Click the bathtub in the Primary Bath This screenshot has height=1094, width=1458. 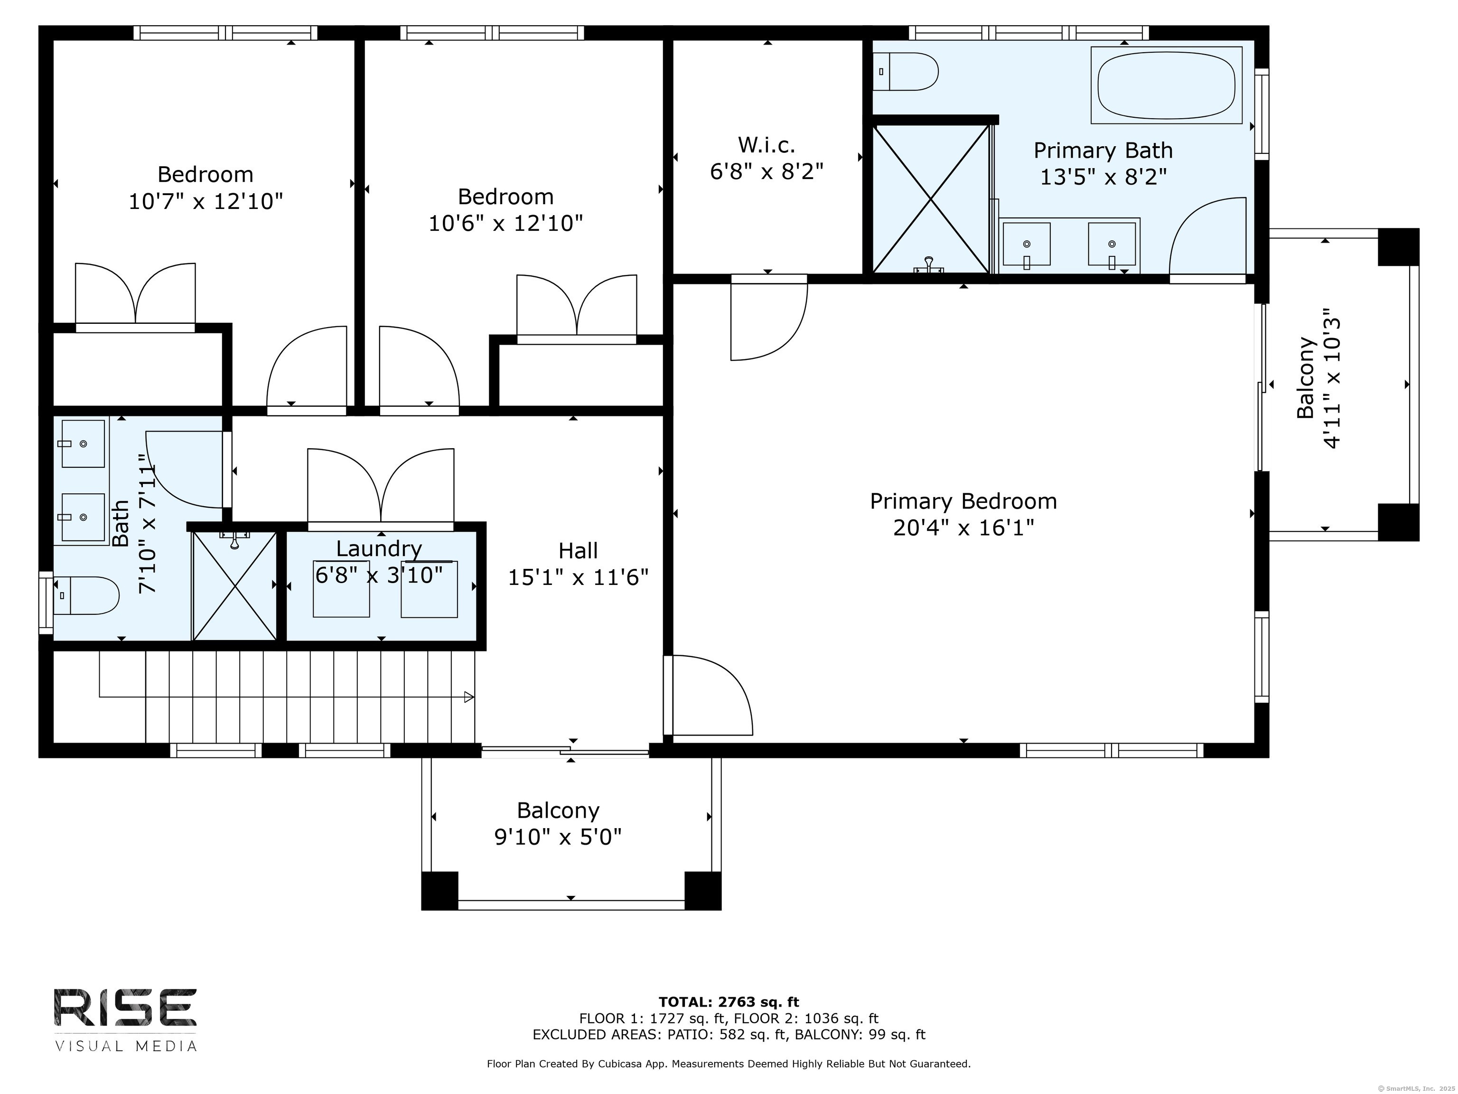click(x=1166, y=85)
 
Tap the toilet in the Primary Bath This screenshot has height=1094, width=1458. click(x=906, y=71)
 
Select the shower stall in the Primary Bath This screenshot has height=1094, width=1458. click(x=931, y=198)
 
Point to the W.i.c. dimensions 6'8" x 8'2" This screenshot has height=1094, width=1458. click(x=766, y=172)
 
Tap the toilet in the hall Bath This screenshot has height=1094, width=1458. click(x=86, y=595)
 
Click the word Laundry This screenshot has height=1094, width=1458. click(x=379, y=548)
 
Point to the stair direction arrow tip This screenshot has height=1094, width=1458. click(x=473, y=697)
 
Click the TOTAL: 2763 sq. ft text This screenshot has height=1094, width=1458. click(x=729, y=1002)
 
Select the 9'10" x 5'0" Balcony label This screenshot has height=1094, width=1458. click(x=558, y=824)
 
